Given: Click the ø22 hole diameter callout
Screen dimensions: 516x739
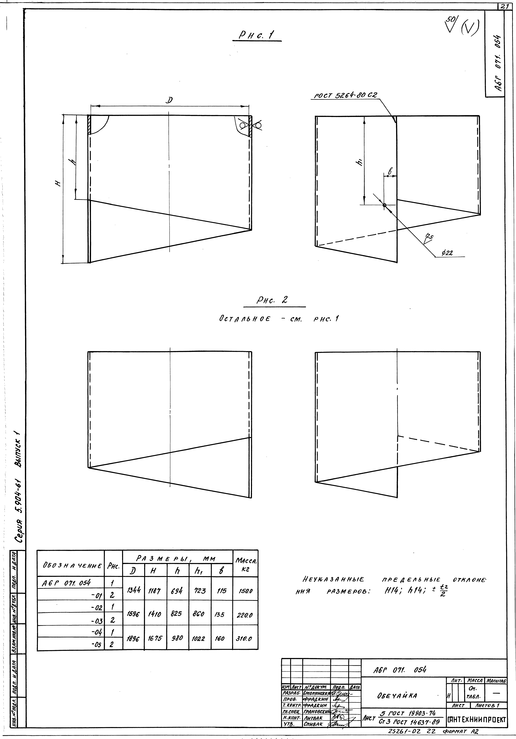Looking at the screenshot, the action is [x=447, y=253].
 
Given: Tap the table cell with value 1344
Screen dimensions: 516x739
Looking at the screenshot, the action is [x=133, y=591].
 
